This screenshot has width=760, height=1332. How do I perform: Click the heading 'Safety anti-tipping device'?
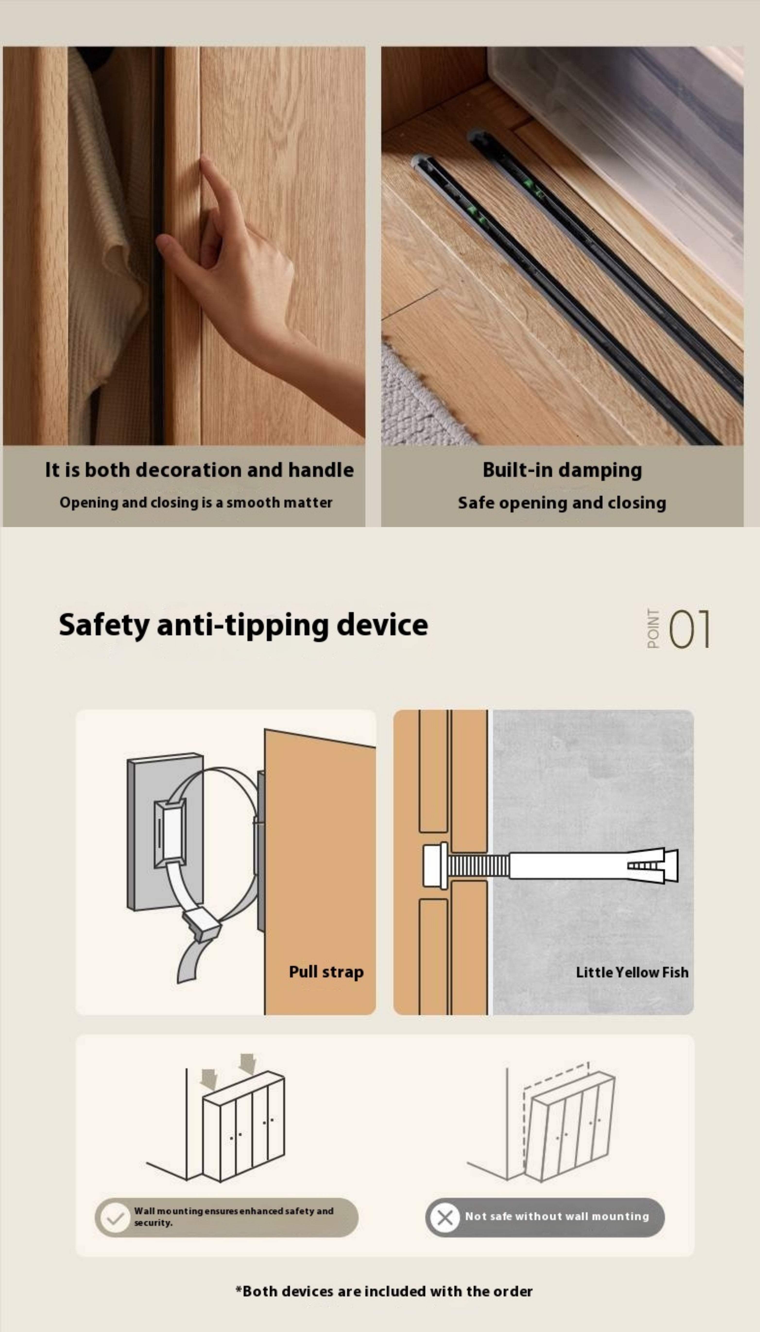(x=243, y=625)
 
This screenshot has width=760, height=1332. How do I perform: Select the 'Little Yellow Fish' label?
(x=632, y=972)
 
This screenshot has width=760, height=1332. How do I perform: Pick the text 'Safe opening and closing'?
(x=562, y=503)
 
